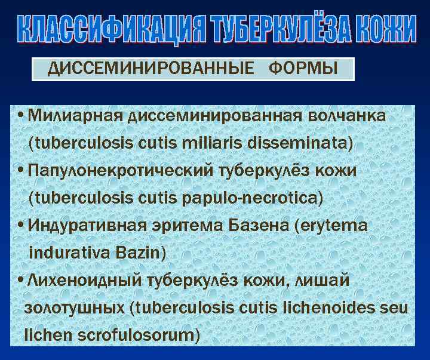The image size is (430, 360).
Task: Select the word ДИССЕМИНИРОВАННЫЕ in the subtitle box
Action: pyautogui.click(x=150, y=69)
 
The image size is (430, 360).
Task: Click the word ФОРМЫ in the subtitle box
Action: pyautogui.click(x=303, y=69)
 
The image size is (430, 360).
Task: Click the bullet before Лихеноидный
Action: pyautogui.click(x=22, y=281)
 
